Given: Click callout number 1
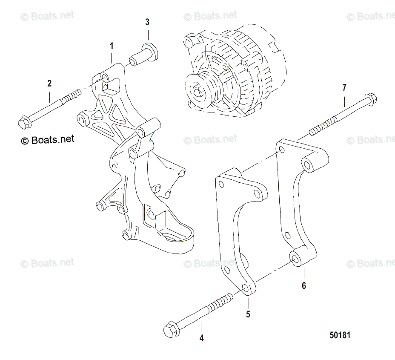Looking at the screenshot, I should point(112,45).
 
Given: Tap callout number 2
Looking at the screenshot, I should point(49,84).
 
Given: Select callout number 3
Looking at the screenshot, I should point(147,22).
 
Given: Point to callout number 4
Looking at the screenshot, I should point(201,338).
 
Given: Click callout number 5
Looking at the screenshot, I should point(248,314).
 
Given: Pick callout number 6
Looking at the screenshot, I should point(303,285).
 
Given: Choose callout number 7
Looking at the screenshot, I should point(344,88).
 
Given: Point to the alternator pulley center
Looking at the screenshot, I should point(197,91).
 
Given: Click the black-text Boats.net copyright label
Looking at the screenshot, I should point(47,139).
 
